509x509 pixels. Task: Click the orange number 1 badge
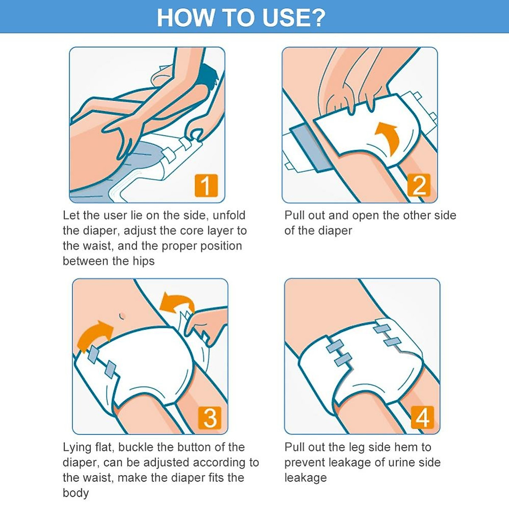click(x=206, y=185)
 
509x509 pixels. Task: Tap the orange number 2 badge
click(x=419, y=185)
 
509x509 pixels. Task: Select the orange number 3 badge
click(x=210, y=417)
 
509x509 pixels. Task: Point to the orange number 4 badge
click(x=422, y=417)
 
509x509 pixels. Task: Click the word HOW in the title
click(x=185, y=18)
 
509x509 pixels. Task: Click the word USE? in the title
click(x=294, y=18)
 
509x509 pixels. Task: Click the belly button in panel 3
click(x=122, y=316)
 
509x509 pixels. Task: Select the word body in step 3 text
click(x=76, y=493)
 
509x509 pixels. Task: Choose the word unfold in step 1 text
click(x=229, y=215)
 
